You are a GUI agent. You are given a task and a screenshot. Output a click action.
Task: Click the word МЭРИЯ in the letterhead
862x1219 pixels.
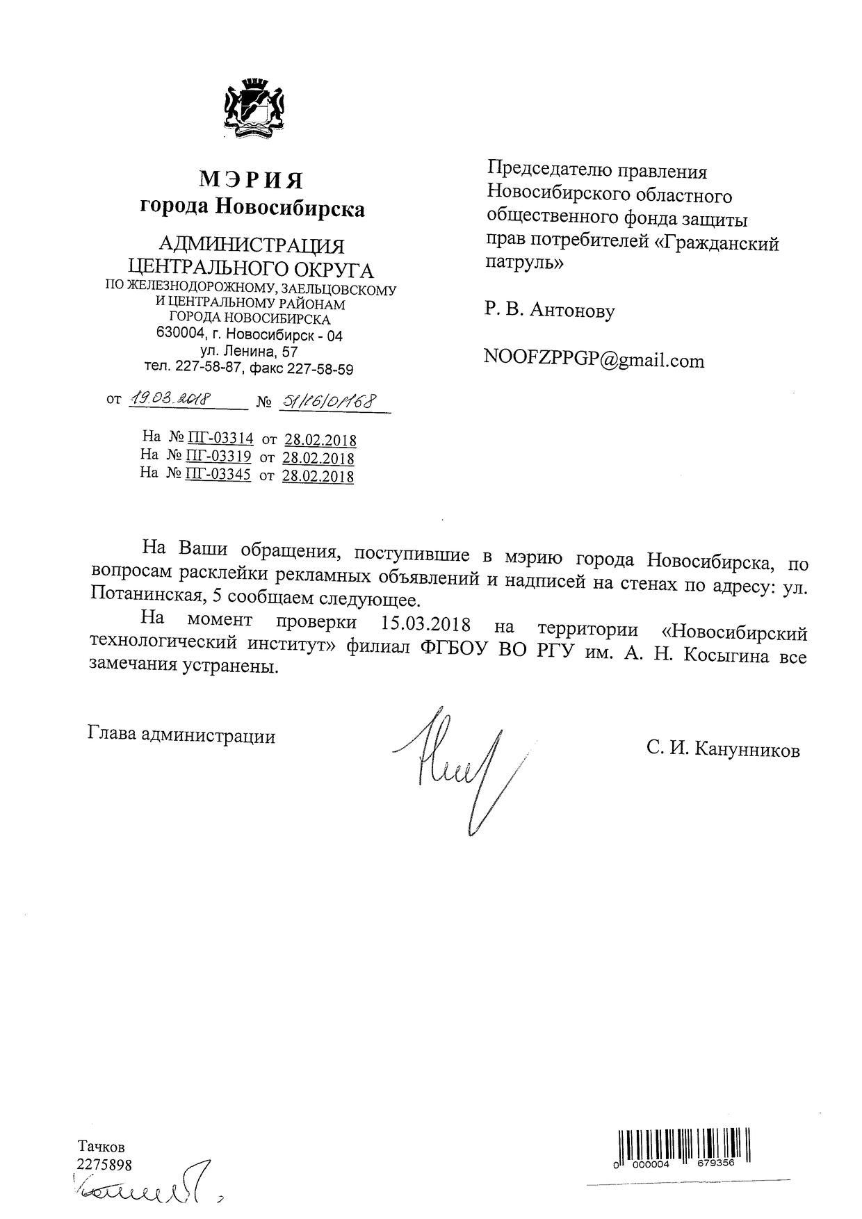point(252,181)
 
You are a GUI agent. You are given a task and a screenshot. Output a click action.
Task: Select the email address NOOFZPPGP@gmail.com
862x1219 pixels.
point(594,361)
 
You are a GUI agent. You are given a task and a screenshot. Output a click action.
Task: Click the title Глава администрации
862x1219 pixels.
point(182,736)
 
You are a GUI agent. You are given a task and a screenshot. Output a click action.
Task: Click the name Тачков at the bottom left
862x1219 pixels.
point(101,1146)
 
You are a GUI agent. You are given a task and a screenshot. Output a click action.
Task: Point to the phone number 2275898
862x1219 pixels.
point(104,1164)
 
